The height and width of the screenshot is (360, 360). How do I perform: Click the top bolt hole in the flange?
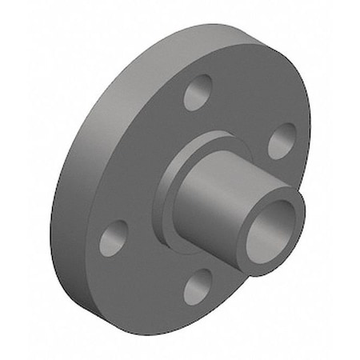tap(198, 93)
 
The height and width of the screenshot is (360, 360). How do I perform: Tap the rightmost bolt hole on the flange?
tap(281, 141)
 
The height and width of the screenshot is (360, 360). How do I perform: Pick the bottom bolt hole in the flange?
tap(198, 286)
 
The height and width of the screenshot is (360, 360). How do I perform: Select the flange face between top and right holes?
tap(248, 104)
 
